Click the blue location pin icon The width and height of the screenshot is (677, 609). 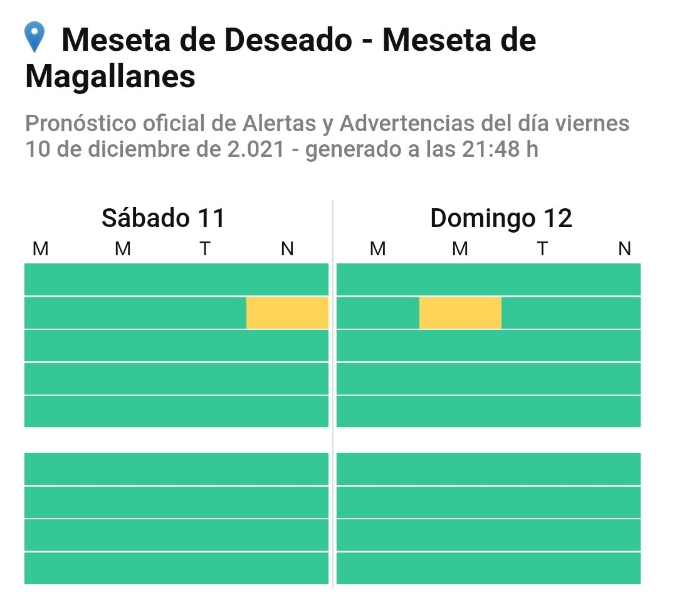(x=34, y=38)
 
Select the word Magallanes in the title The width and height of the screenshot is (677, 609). (x=110, y=77)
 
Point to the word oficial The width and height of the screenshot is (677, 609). (x=174, y=124)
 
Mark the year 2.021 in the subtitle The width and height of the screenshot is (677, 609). (x=260, y=150)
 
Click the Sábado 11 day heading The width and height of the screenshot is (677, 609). (x=163, y=218)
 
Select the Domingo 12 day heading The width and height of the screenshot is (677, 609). (x=501, y=218)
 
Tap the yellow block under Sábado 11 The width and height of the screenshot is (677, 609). (x=287, y=313)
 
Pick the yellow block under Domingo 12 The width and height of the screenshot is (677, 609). (x=460, y=313)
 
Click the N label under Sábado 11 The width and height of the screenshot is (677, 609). (x=287, y=249)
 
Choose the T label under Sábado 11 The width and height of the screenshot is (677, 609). (x=205, y=249)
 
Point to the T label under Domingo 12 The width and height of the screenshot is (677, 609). (x=542, y=249)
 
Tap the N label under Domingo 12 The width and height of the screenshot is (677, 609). (x=624, y=249)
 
